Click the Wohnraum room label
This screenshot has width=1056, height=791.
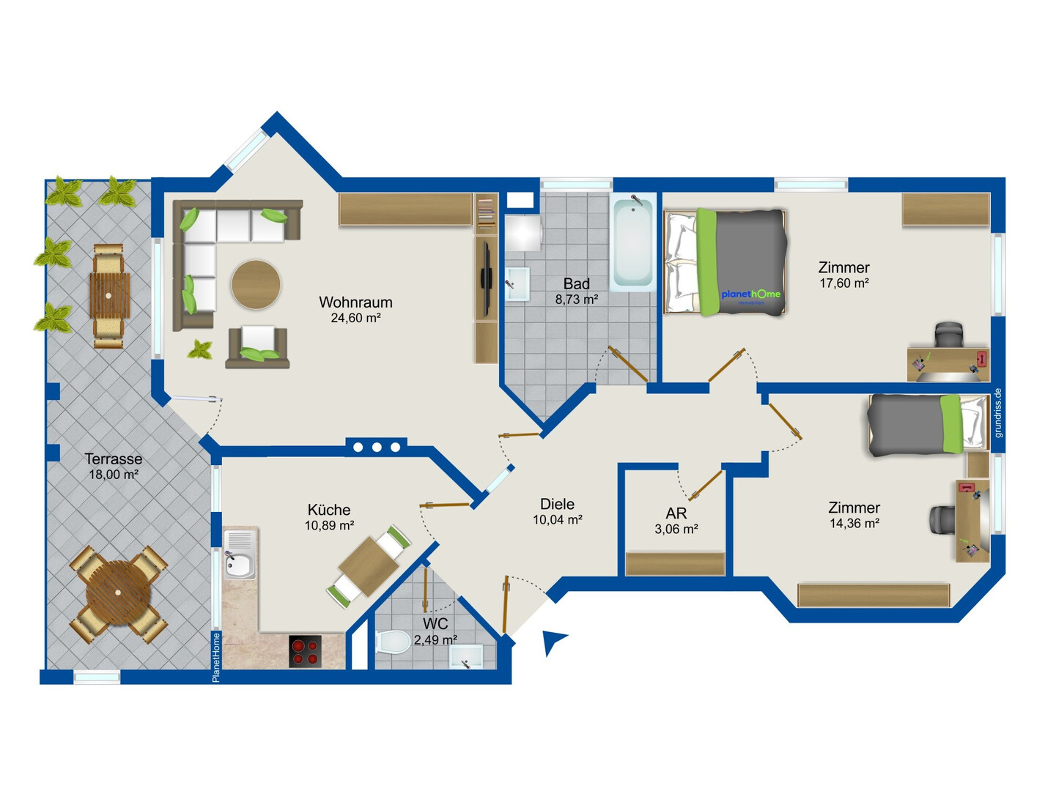(x=355, y=302)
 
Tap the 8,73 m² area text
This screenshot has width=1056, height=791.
(x=576, y=300)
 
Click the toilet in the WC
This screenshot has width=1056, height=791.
(x=393, y=642)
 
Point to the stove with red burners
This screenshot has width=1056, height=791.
(x=305, y=652)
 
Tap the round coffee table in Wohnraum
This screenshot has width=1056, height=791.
(x=256, y=284)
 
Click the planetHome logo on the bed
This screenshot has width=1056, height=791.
(x=751, y=295)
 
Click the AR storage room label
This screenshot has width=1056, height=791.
(x=676, y=513)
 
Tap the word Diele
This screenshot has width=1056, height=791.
(x=557, y=504)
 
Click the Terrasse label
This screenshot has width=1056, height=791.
(x=114, y=458)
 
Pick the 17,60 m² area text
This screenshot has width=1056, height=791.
(x=843, y=283)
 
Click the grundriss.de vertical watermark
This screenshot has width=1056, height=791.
(x=998, y=412)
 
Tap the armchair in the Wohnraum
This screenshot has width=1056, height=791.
(x=257, y=346)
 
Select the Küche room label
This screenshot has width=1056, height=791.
(x=329, y=509)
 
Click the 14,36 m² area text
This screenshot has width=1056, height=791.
(x=854, y=523)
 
